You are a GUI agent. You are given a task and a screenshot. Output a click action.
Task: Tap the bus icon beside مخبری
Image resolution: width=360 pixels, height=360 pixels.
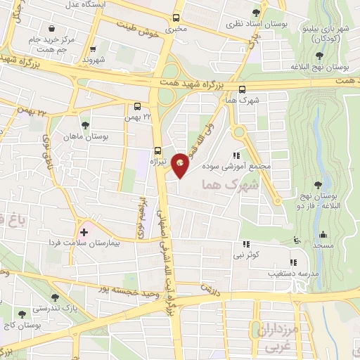pyautogui.click(x=175, y=18)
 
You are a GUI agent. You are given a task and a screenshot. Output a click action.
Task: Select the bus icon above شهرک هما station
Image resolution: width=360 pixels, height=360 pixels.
pyautogui.click(x=243, y=89)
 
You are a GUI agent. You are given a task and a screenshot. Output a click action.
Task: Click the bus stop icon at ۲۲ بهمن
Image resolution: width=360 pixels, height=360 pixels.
pyautogui.click(x=139, y=107)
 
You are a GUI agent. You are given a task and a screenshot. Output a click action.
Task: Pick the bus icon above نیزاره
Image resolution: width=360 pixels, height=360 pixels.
pyautogui.click(x=157, y=150)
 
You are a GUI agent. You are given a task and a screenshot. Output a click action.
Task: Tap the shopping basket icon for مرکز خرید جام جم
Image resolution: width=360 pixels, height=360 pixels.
pyautogui.click(x=52, y=28)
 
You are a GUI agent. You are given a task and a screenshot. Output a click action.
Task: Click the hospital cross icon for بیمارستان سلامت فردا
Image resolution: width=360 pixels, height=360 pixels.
pyautogui.click(x=84, y=231)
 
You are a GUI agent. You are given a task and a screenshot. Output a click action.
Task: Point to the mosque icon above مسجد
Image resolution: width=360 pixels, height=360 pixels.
pyautogui.click(x=322, y=234)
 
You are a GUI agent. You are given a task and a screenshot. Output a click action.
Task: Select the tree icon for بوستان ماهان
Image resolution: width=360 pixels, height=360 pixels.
pyautogui.click(x=85, y=124)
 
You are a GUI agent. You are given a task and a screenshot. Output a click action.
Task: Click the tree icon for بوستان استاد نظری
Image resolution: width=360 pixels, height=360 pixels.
pyautogui.click(x=264, y=13)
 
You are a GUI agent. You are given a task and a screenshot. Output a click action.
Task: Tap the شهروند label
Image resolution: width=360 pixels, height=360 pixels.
pyautogui.click(x=93, y=60)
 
